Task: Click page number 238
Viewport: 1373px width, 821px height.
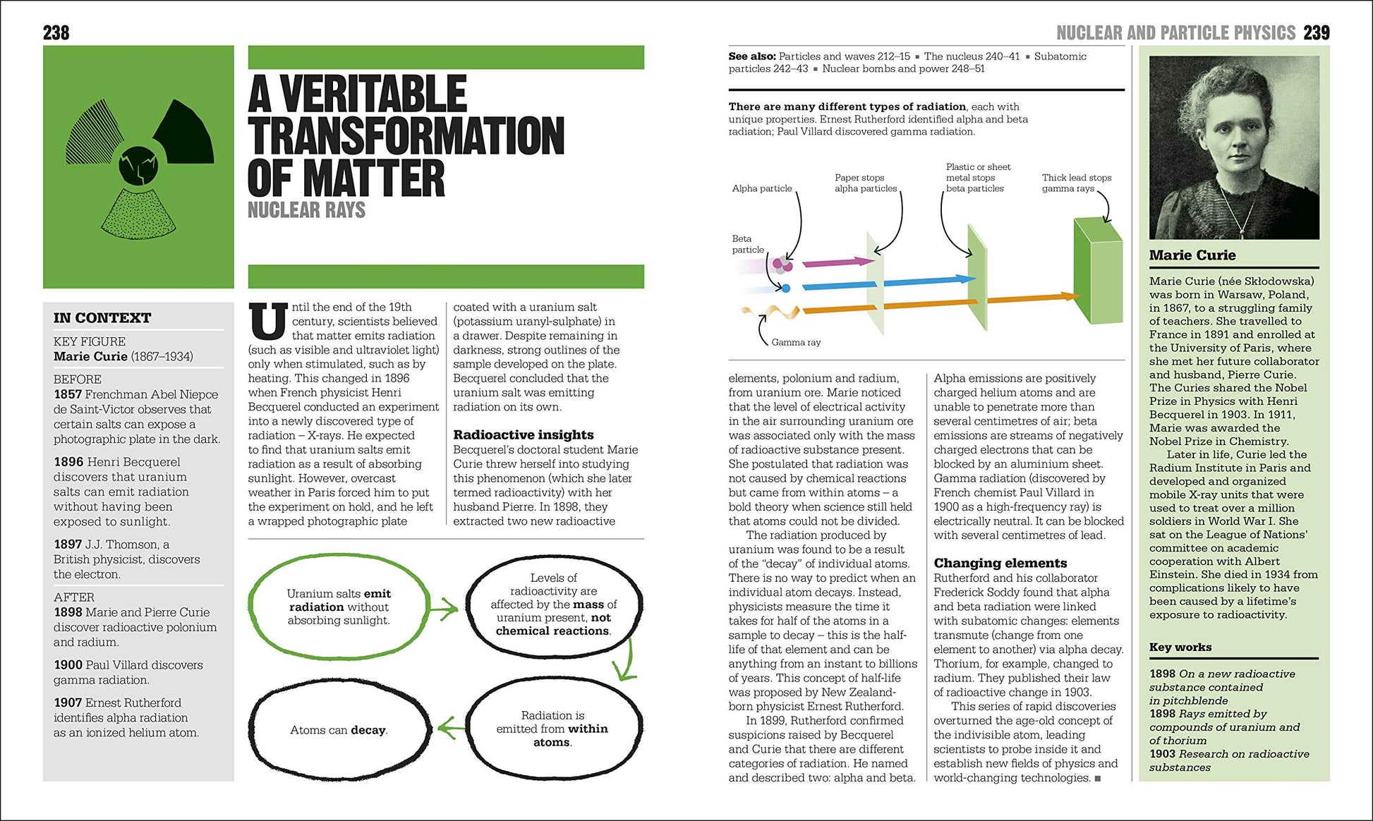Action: pyautogui.click(x=56, y=32)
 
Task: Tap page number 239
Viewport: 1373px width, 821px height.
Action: pyautogui.click(x=1317, y=32)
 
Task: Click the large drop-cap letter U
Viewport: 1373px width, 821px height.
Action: pyautogui.click(x=268, y=321)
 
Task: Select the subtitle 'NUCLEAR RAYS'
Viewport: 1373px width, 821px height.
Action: pyautogui.click(x=306, y=209)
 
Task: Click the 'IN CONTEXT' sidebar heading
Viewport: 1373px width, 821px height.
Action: pyautogui.click(x=102, y=317)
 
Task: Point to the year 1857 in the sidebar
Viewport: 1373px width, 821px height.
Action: pyautogui.click(x=68, y=394)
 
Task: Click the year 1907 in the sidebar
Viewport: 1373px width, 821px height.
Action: pyautogui.click(x=68, y=703)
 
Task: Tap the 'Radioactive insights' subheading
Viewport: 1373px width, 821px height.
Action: pyautogui.click(x=523, y=434)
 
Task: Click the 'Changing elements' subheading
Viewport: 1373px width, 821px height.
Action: pyautogui.click(x=1000, y=563)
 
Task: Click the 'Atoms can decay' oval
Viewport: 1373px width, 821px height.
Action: pyautogui.click(x=339, y=730)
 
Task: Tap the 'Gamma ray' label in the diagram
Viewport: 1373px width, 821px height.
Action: pyautogui.click(x=796, y=342)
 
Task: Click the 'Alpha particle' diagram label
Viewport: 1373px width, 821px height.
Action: pyautogui.click(x=762, y=188)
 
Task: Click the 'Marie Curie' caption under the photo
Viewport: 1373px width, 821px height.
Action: pyautogui.click(x=1192, y=255)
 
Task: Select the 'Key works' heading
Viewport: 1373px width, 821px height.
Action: pyautogui.click(x=1180, y=647)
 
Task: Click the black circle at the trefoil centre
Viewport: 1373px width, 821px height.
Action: pyautogui.click(x=138, y=166)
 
